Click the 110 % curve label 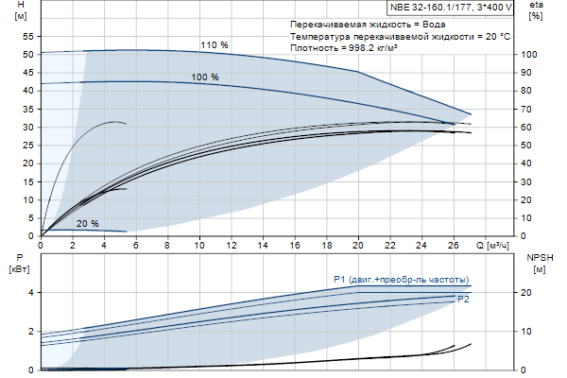point(215,44)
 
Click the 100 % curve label point(205,77)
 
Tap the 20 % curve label point(87,223)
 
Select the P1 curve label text point(401,280)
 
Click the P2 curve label point(463,299)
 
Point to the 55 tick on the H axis point(28,36)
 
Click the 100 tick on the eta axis point(529,54)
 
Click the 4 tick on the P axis point(31,292)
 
